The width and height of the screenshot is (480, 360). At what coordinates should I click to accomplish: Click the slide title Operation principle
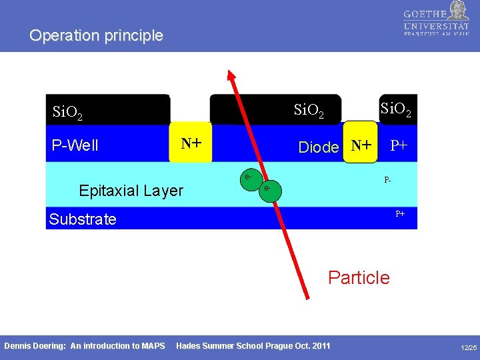click(x=96, y=35)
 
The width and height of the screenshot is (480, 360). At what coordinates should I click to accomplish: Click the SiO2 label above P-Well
click(x=67, y=112)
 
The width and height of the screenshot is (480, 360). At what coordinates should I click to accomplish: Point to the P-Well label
click(x=75, y=145)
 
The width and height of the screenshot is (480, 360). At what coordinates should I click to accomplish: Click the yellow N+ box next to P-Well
click(x=191, y=143)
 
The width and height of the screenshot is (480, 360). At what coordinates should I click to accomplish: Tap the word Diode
click(x=319, y=147)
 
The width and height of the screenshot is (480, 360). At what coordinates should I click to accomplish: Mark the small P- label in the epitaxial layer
click(x=387, y=180)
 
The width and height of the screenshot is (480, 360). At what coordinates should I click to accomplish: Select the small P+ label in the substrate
click(x=400, y=214)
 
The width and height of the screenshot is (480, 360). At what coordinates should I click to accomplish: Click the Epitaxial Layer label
click(x=131, y=191)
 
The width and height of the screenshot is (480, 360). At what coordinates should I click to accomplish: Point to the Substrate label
click(x=83, y=219)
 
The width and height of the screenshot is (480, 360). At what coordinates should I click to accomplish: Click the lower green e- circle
click(x=267, y=189)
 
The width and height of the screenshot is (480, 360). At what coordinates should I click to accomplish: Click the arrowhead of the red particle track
click(x=231, y=75)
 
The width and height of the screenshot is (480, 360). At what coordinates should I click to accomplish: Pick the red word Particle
click(x=359, y=277)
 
